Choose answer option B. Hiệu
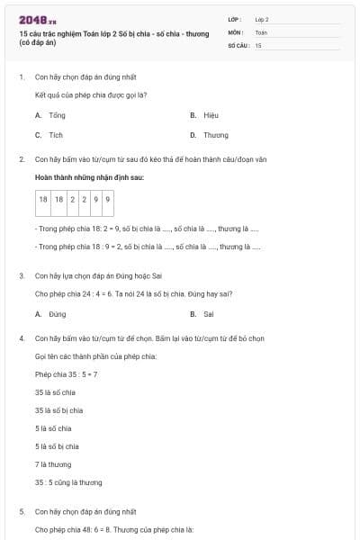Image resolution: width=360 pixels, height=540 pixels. pos(205,115)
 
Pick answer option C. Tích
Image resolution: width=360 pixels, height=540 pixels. pos(50,135)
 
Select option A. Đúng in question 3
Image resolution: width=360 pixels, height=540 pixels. pos(51,314)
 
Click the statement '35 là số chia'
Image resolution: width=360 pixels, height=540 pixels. pos(55,392)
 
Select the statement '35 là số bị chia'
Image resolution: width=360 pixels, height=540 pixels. pos(58,410)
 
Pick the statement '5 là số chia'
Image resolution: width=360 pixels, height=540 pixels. pos(53,428)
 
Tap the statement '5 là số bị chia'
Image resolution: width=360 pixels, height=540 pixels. pos(57,446)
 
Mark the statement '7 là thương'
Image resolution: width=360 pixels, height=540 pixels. pos(53,464)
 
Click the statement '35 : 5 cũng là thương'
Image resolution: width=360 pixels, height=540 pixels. pos(68,482)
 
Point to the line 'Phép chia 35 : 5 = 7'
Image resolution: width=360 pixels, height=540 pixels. pos(66,374)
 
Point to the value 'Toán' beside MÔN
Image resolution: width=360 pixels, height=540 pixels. pos(261,31)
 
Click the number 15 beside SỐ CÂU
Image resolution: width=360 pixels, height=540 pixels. pos(258,44)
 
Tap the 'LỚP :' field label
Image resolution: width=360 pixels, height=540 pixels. pos(235,19)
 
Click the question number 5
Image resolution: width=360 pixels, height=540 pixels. pos(21,511)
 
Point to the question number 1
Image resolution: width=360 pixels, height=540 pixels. pos(21,77)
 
